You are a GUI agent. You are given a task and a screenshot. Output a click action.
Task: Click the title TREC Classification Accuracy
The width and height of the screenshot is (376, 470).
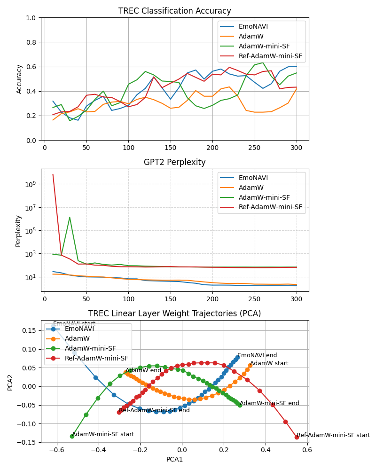175,11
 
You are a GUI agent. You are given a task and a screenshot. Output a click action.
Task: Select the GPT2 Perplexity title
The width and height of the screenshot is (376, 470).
175,162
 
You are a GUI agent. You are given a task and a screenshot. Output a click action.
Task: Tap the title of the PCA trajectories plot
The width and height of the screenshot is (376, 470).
175,313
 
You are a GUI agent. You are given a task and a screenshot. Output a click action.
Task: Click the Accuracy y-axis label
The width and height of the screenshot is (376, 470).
19,79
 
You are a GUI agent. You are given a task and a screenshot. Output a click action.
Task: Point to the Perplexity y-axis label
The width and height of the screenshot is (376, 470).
18,230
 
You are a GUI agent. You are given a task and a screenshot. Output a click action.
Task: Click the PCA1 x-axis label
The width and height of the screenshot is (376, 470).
175,459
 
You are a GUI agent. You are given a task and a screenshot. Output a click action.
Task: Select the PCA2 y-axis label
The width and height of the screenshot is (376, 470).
10,382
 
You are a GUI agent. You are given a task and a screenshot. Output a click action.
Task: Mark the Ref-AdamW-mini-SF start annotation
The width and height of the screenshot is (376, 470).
333,435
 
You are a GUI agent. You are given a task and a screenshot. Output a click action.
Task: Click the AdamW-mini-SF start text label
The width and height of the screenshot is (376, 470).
103,434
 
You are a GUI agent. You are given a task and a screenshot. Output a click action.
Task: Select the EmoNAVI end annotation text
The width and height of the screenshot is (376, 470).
257,356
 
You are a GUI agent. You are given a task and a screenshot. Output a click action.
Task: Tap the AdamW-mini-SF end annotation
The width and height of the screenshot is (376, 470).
269,403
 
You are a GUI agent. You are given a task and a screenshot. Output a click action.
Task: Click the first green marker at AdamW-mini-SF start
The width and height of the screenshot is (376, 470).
72,436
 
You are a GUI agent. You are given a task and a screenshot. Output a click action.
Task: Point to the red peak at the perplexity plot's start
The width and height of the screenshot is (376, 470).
53,175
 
